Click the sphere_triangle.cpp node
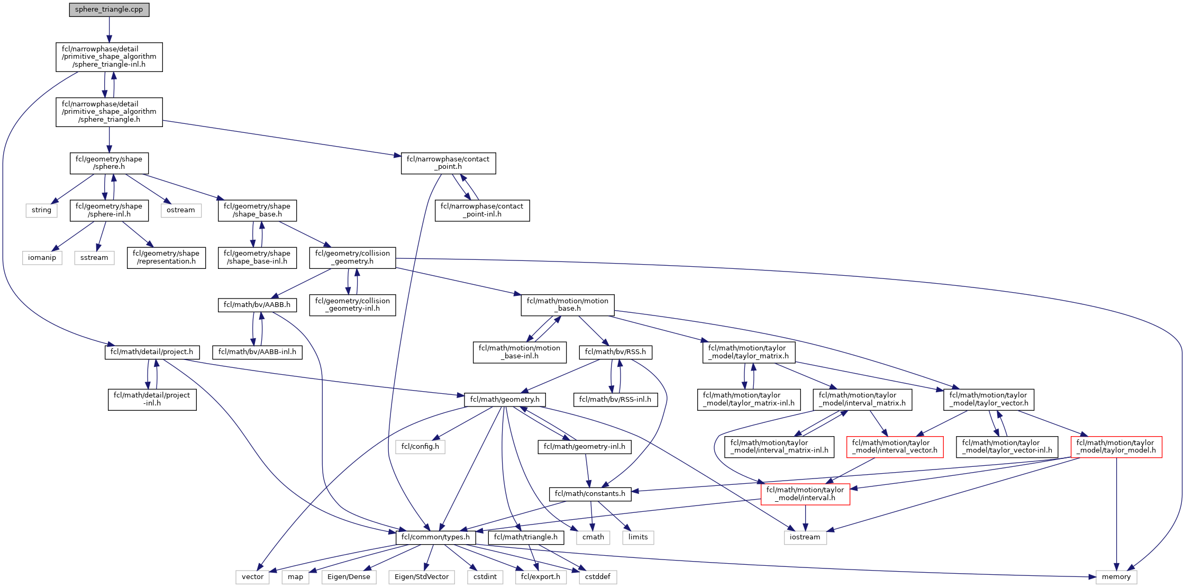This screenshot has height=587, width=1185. [109, 10]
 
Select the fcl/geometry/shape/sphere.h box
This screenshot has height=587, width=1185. [109, 163]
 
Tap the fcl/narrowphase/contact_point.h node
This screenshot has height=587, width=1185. [448, 163]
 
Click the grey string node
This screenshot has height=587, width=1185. [41, 210]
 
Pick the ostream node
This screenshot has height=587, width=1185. [181, 210]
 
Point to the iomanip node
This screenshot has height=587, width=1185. [42, 258]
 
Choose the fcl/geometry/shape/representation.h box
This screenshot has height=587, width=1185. [166, 258]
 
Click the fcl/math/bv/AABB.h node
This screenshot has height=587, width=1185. [257, 305]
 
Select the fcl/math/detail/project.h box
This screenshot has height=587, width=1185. [152, 352]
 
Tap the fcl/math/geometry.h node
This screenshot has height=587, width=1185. [505, 400]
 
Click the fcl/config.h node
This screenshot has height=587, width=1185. [420, 447]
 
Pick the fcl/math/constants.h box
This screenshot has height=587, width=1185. [590, 494]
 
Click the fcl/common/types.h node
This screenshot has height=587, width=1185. [435, 537]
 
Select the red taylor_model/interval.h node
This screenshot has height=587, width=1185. [805, 494]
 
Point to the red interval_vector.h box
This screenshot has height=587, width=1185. [895, 447]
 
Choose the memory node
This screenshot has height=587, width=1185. [1116, 577]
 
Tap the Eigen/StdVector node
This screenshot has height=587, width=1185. [422, 577]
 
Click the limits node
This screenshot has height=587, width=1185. [638, 537]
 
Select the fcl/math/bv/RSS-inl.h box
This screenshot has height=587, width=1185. [615, 400]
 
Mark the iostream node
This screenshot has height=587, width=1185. [805, 537]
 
